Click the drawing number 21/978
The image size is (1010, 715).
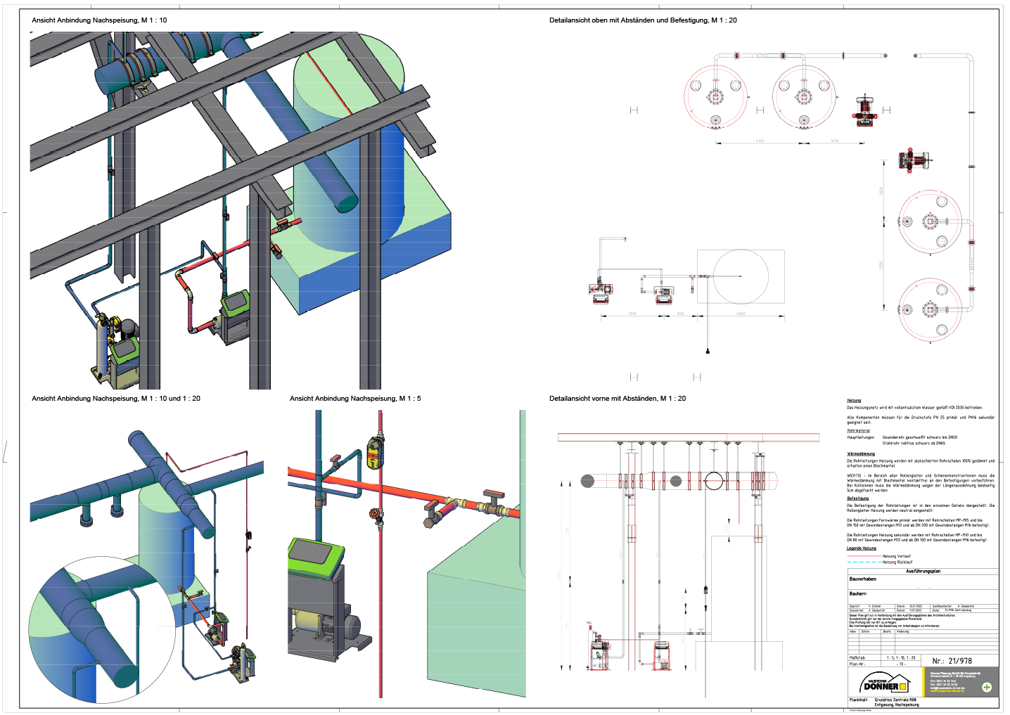point(952,661)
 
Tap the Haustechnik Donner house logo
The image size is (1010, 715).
point(883,683)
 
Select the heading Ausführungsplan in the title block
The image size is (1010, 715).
point(923,572)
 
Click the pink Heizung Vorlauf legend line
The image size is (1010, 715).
point(864,556)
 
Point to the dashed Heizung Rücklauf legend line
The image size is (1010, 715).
point(864,562)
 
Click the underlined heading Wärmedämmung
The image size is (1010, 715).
point(861,454)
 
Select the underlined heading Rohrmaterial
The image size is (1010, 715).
point(858,431)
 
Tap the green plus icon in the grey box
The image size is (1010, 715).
point(986,687)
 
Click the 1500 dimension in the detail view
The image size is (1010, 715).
point(632,314)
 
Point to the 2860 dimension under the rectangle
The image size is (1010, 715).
point(741,314)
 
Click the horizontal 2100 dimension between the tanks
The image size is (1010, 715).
point(760,141)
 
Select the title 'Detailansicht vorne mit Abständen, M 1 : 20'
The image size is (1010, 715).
point(617,399)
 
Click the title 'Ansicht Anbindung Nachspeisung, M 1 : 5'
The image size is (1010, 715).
point(355,399)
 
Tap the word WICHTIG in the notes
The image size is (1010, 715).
point(855,476)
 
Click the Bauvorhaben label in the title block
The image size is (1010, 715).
point(862,579)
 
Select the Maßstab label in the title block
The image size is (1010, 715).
point(857,658)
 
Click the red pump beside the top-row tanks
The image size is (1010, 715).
point(866,110)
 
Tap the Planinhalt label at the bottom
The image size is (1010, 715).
point(858,700)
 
